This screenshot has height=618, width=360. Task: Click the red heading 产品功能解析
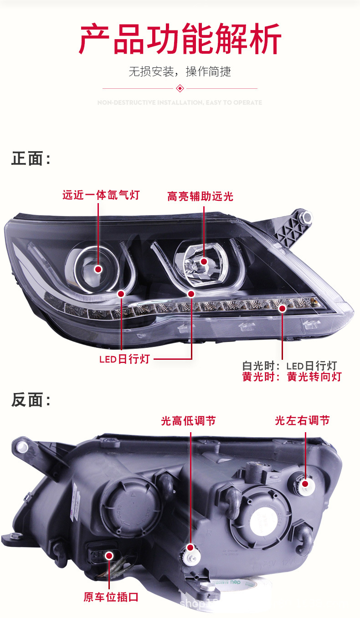180,40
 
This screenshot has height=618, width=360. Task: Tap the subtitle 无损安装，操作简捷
180,72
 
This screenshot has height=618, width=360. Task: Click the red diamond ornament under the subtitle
180,88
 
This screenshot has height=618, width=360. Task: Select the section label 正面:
31,159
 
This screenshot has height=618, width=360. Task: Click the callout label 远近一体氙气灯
101,195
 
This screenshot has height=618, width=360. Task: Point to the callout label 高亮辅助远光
200,196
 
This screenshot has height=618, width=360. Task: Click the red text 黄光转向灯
314,377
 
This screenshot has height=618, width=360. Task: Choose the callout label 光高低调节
188,421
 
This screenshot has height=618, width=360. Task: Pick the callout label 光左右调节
302,420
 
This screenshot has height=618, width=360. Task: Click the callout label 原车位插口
111,597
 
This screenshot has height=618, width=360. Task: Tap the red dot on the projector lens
98,269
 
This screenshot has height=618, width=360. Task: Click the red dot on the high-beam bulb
204,261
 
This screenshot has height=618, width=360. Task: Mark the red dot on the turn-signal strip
282,308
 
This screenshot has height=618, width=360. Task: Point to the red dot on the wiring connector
109,555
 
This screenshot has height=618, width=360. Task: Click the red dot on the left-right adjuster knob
305,484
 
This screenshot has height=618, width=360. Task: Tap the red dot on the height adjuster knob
190,547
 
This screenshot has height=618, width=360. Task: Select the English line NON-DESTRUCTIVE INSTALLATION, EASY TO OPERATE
180,102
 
